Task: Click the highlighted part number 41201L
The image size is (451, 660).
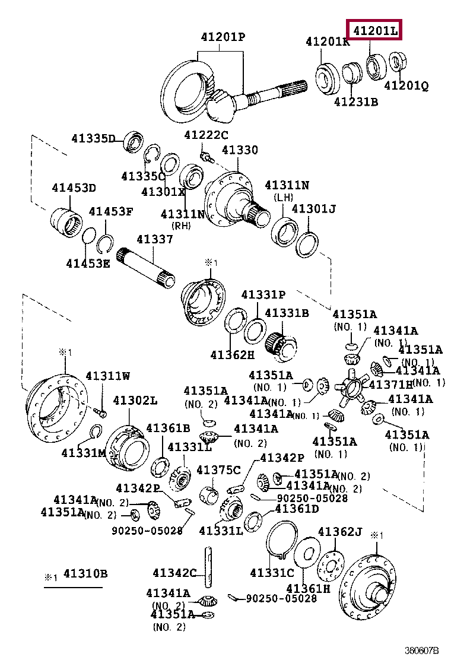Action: pos(374,30)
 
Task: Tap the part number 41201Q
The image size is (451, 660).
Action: pos(406,85)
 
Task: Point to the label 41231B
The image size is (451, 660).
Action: pos(355,101)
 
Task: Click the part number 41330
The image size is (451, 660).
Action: pos(240,150)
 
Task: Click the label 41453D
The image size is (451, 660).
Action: pos(74,188)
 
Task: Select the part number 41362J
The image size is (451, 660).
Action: pos(339,531)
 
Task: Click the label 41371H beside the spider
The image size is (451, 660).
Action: pos(390,385)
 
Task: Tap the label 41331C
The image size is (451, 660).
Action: pos(272,573)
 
